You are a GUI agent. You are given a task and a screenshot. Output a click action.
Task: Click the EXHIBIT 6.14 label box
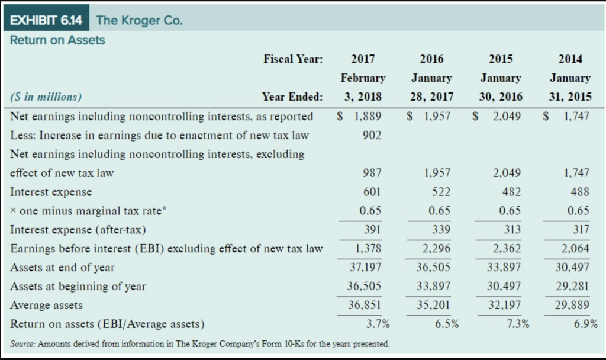click(46, 20)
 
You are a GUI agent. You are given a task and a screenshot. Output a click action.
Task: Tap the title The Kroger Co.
click(140, 21)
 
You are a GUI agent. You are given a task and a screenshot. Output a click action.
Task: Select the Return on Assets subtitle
click(58, 40)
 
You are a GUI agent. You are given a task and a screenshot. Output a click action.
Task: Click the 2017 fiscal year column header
click(362, 59)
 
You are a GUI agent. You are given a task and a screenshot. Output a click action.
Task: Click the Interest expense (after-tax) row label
click(78, 230)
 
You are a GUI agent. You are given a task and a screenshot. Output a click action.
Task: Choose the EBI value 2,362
click(507, 249)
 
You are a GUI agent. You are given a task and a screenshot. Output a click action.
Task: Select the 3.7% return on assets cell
click(378, 324)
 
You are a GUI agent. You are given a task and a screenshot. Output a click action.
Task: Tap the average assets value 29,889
click(573, 306)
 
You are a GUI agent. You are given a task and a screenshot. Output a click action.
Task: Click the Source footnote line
click(200, 344)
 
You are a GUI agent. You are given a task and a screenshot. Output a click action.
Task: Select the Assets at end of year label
click(63, 268)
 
